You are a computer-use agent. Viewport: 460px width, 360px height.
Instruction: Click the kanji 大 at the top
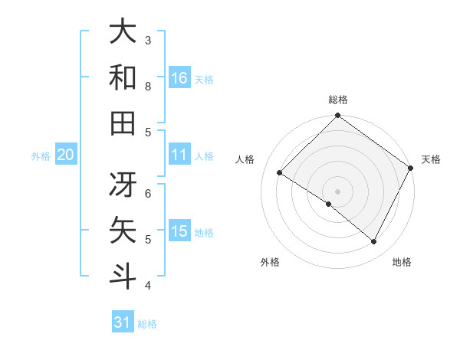pos(123,32)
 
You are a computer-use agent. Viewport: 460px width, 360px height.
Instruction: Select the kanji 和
pos(123,77)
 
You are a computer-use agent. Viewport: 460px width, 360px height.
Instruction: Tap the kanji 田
pos(123,123)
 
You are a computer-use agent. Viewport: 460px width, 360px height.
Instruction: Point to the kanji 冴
pos(123,184)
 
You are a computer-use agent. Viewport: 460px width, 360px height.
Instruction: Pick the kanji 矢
pos(123,231)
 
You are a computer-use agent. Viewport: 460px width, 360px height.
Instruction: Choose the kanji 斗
pos(123,276)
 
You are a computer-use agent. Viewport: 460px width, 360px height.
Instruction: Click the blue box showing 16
pos(179,77)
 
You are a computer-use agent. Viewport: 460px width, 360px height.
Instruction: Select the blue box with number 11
pos(179,155)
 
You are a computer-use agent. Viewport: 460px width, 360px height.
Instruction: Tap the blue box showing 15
pos(179,231)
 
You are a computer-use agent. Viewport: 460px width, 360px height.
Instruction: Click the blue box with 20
pos(65,155)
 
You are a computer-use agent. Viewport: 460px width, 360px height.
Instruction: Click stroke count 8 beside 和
pos(148,86)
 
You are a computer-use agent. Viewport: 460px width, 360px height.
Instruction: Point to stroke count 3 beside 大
pos(148,40)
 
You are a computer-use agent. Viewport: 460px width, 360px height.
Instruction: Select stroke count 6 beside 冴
pos(148,193)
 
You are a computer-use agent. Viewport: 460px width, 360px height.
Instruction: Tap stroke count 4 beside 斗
pos(148,286)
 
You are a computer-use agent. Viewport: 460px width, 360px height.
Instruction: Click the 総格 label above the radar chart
pos(337,100)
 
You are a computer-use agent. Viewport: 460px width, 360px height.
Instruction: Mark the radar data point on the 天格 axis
pos(412,169)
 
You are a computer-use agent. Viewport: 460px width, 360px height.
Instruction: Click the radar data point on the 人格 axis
pos(280,172)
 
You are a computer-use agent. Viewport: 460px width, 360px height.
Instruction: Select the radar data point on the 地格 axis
pos(374,242)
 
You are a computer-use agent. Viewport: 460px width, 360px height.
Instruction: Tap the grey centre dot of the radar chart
pos(337,191)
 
